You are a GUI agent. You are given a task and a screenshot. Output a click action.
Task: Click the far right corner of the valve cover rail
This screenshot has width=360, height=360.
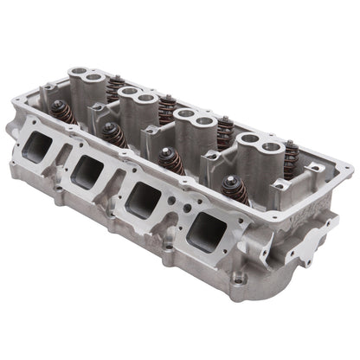pos(342,186)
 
